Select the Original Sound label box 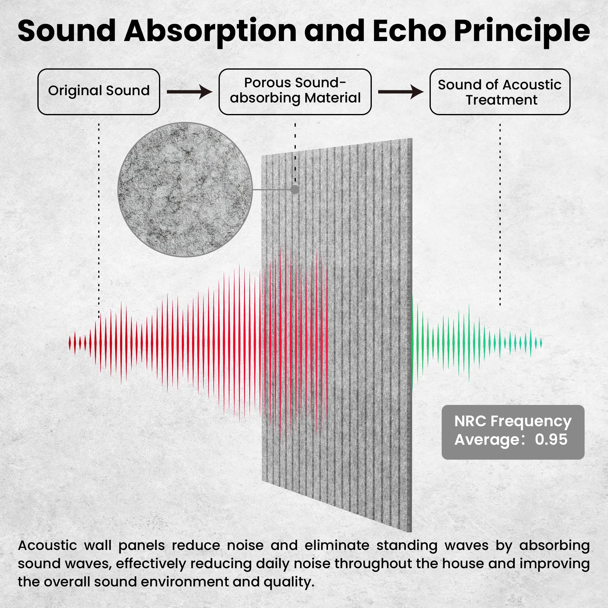point(99,92)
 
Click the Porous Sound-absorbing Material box point(295,92)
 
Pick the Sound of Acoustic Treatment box point(500,92)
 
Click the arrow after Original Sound point(189,92)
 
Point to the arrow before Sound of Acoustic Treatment point(401,92)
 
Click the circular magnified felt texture point(185,189)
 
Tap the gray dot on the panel point(295,189)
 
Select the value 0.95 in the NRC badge point(551,439)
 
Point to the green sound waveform point(477,343)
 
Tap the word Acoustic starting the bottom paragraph point(47,545)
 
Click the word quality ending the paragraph point(288,582)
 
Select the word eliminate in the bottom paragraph point(337,545)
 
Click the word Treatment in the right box point(502,100)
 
